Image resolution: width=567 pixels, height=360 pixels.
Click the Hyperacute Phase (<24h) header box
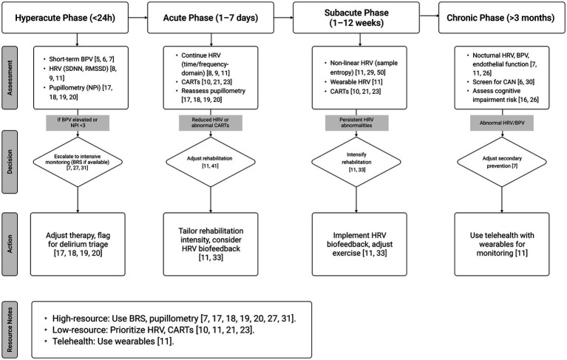[65, 18]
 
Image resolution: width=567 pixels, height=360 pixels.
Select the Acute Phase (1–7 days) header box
[211, 18]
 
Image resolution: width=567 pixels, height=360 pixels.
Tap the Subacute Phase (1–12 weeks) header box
[356, 18]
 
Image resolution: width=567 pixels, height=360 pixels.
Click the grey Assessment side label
[10, 78]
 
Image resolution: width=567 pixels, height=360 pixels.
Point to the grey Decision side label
[10, 162]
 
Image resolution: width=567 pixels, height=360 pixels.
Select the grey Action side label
[10, 244]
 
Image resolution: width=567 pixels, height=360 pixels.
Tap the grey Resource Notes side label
[10, 330]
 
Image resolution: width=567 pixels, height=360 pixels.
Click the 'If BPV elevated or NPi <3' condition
[78, 123]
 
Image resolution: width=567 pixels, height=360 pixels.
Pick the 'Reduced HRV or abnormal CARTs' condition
[211, 123]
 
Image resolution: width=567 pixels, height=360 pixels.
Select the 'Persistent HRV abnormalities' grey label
[357, 123]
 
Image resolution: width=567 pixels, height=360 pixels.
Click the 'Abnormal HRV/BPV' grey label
[502, 123]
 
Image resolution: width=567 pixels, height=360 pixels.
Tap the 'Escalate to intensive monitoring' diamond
[78, 162]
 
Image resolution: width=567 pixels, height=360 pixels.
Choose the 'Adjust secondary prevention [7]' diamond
[502, 162]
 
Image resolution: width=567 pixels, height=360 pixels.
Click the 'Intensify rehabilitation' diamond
[356, 162]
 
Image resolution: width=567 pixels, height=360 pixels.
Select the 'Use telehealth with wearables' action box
[502, 244]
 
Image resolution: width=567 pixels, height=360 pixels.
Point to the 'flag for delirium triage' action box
[78, 244]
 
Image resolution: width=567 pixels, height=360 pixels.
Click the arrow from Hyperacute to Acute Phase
[137, 17]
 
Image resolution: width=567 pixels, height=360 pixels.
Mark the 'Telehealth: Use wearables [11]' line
[113, 342]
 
